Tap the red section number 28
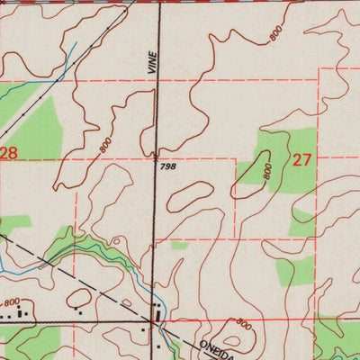(8, 154)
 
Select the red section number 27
(301, 160)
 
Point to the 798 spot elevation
(167, 166)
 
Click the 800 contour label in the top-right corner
(274, 33)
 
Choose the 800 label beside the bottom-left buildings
(11, 303)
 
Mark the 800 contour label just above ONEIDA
(243, 323)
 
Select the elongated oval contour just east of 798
(190, 192)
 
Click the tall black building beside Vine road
(160, 314)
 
